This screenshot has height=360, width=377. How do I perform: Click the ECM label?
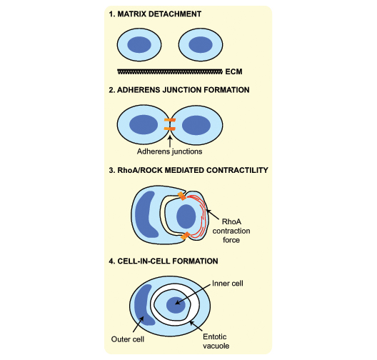pyautogui.click(x=233, y=71)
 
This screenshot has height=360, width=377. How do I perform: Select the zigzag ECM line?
pyautogui.click(x=170, y=71)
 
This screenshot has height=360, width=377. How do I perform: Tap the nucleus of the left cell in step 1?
pyautogui.click(x=139, y=45)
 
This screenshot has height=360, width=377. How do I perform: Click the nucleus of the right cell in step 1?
pyautogui.click(x=201, y=45)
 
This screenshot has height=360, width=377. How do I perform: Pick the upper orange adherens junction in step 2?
pyautogui.click(x=170, y=120)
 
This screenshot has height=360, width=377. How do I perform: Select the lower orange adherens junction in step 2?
pyautogui.click(x=170, y=129)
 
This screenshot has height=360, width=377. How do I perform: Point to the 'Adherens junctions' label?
pyautogui.click(x=169, y=151)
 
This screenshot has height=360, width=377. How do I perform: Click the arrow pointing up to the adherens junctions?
pyautogui.click(x=170, y=141)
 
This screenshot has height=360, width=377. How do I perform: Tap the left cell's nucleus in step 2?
pyautogui.click(x=144, y=124)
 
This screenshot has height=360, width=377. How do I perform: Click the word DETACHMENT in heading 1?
pyautogui.click(x=175, y=14)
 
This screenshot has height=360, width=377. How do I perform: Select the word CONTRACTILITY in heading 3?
pyautogui.click(x=237, y=170)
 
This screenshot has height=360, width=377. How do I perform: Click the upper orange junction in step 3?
pyautogui.click(x=182, y=196)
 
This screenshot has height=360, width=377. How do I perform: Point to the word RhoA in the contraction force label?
pyautogui.click(x=231, y=221)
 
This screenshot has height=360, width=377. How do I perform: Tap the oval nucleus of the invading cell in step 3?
pyautogui.click(x=186, y=216)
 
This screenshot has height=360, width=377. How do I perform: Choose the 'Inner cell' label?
pyautogui.click(x=228, y=284)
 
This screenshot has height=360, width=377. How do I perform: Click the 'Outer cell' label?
pyautogui.click(x=128, y=339)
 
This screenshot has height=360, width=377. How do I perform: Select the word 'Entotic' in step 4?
pyautogui.click(x=215, y=336)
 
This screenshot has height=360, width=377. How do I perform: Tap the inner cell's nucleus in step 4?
pyautogui.click(x=176, y=305)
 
